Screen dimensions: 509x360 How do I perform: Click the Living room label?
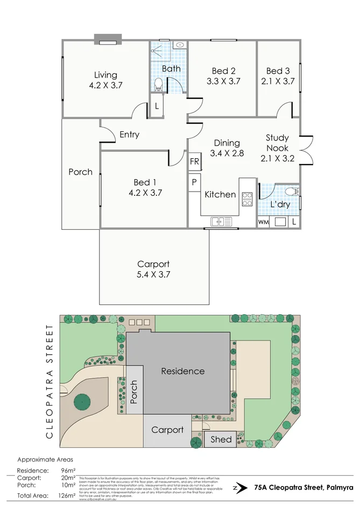[105, 75]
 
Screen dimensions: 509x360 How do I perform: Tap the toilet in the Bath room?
[158, 84]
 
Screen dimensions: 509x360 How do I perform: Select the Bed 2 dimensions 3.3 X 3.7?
[223, 81]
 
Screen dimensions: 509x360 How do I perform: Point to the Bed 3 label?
[278, 71]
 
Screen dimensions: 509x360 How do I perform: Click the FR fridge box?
[194, 161]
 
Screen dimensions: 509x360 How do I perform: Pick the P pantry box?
[194, 181]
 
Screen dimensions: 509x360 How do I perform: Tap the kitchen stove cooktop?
[247, 199]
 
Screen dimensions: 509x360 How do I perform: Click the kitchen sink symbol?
[221, 221]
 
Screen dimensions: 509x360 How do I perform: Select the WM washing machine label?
[263, 222]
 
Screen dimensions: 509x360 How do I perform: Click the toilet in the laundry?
[291, 191]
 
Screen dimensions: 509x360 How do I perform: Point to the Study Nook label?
[277, 143]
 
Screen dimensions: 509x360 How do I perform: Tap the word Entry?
[129, 135]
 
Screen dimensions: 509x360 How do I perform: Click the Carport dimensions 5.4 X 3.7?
[153, 274]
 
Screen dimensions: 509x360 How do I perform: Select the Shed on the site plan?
[221, 439]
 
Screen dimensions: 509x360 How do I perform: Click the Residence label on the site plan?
[183, 371]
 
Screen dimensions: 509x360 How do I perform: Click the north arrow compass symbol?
[236, 487]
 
